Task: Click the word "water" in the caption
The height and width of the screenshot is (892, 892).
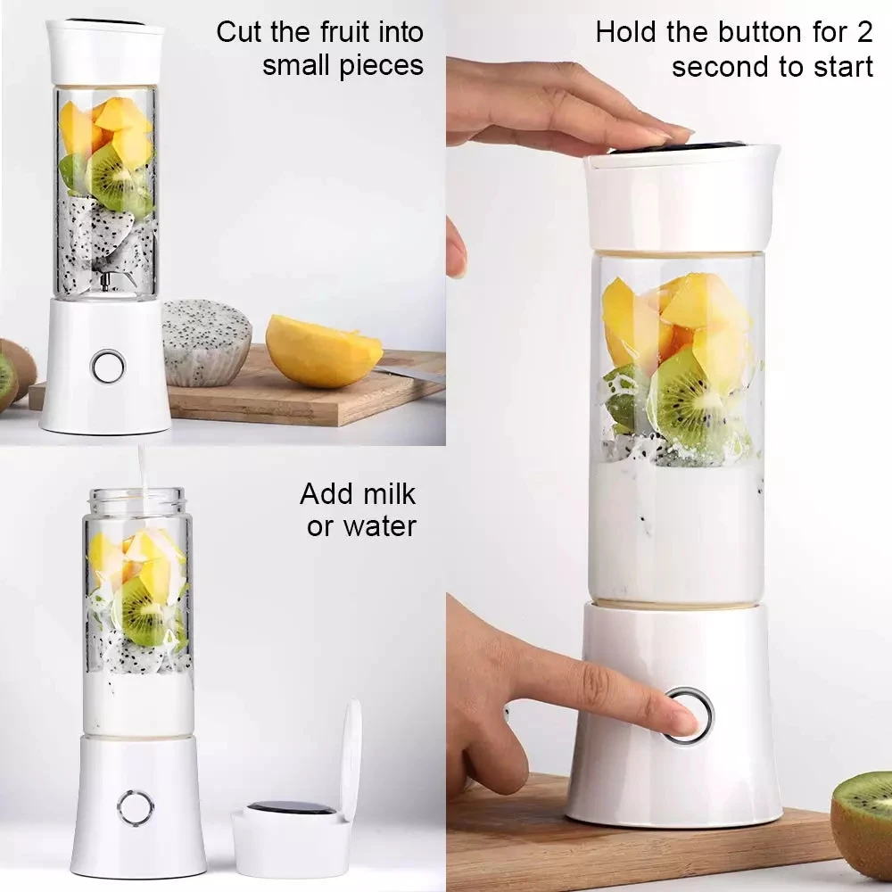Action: point(377,526)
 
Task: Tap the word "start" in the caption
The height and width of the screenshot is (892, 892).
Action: point(839,67)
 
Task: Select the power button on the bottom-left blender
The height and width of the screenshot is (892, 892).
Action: point(136,807)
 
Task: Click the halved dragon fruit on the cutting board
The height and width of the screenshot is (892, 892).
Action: point(208,341)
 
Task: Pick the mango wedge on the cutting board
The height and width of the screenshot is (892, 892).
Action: point(322,350)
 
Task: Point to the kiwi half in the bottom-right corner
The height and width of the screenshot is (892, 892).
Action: point(862,821)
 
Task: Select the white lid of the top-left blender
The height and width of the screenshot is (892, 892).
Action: point(105,52)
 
